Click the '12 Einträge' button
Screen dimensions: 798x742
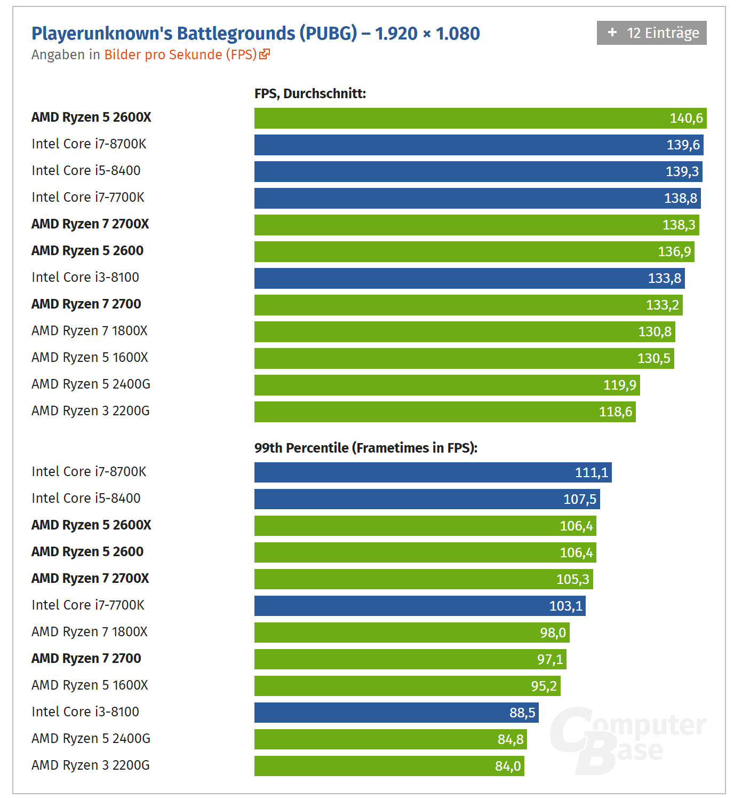[651, 33]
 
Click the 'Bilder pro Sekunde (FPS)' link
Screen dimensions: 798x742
[180, 54]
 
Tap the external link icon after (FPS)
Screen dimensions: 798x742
[265, 54]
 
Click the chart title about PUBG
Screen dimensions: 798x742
[256, 33]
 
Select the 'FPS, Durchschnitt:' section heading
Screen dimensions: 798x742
[310, 93]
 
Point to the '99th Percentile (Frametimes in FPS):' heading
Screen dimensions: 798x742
[365, 448]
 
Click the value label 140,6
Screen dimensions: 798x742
[686, 118]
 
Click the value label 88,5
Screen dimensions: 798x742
[522, 713]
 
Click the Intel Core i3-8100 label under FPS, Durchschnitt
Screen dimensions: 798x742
[85, 278]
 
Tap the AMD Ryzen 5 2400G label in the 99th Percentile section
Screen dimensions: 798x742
[91, 739]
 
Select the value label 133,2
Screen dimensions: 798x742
[662, 305]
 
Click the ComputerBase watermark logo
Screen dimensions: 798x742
[627, 740]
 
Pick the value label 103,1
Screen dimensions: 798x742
[565, 606]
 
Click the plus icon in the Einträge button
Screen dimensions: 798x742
[612, 33]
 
